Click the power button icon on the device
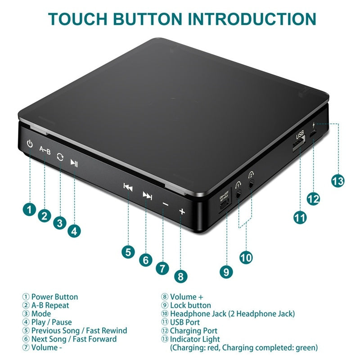coord(30,145)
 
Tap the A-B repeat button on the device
coord(45,150)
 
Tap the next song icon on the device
coord(147,195)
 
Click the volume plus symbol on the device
coord(182,211)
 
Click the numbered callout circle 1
coord(30,209)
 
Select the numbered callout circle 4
coord(75,231)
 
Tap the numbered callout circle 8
coord(180,276)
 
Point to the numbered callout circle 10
coord(246,257)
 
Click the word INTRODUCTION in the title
coord(252,19)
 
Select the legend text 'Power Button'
coord(54,297)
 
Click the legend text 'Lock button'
coord(190,306)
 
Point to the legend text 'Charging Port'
coord(194,331)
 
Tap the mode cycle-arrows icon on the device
coord(60,157)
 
